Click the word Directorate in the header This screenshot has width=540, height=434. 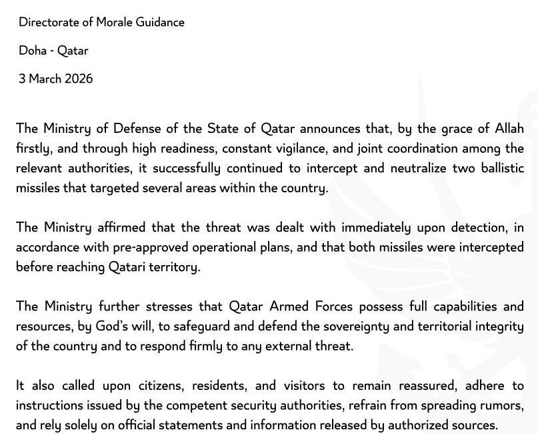click(x=48, y=23)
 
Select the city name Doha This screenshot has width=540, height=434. click(x=31, y=51)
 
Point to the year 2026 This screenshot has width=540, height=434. click(x=79, y=79)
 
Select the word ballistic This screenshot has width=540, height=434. click(x=499, y=167)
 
